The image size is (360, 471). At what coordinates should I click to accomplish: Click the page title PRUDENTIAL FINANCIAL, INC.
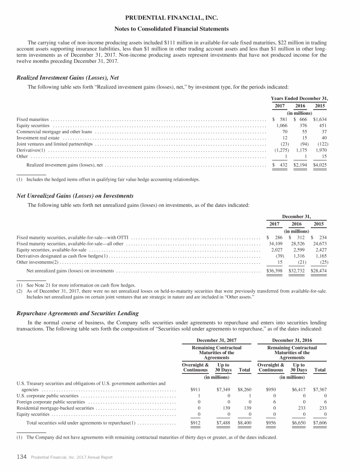tap(180, 18)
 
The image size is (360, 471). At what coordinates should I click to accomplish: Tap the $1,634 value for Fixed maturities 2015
tap(320, 120)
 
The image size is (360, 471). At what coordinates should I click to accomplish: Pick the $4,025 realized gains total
tap(320, 165)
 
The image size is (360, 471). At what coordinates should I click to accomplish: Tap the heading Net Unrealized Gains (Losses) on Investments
tap(75, 196)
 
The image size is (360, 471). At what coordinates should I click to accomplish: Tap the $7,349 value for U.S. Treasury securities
tap(224, 389)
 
